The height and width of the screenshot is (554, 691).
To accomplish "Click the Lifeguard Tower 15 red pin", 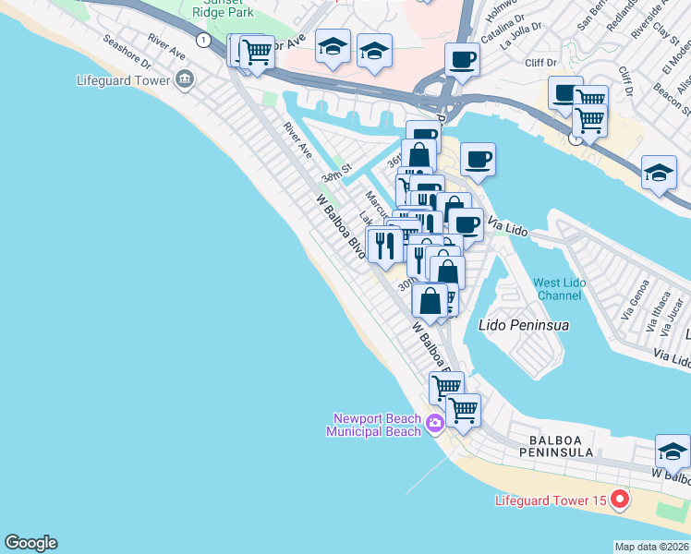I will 619,501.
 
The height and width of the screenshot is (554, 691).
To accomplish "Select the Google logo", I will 30,543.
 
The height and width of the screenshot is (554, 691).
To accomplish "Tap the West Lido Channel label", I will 558,288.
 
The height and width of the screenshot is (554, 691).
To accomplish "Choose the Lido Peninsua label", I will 524,325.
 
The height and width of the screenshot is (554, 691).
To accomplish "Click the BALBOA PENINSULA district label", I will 567,447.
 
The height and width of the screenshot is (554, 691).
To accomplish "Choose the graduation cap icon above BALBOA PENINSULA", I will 673,452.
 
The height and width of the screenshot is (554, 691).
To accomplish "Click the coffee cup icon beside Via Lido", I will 466,223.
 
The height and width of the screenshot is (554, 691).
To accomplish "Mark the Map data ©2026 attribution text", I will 651,547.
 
